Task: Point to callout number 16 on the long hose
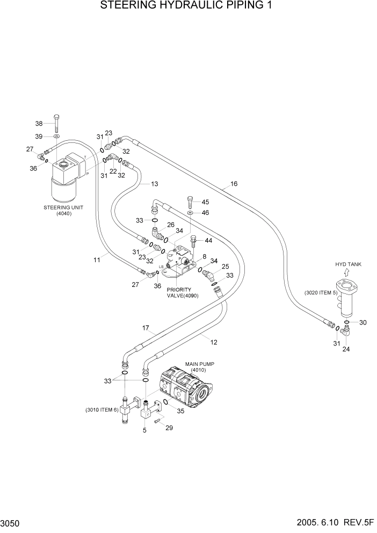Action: pos(234,184)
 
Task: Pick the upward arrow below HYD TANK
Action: pos(346,273)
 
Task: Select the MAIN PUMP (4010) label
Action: pos(200,366)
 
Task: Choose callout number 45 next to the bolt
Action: pos(205,202)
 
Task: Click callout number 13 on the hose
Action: pos(154,184)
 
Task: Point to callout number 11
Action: pos(97,260)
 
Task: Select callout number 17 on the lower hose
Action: pos(145,328)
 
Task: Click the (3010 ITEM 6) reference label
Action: pos(101,410)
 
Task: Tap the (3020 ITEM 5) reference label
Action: pos(321,293)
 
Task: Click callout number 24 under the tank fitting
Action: pos(345,349)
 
